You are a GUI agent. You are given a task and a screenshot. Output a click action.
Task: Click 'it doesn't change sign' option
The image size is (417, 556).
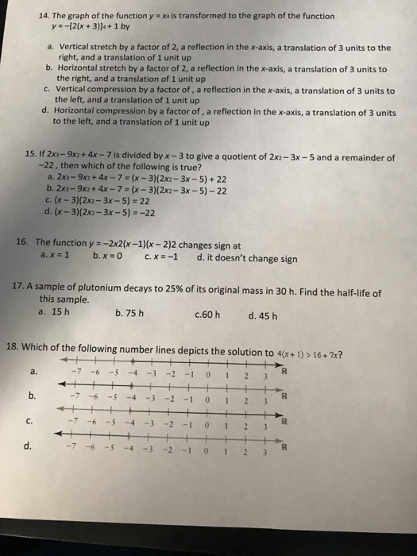[252, 259]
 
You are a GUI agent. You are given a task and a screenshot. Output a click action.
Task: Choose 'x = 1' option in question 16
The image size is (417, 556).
[56, 257]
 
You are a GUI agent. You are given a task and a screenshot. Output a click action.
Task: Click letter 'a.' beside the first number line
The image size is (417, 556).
[33, 369]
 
